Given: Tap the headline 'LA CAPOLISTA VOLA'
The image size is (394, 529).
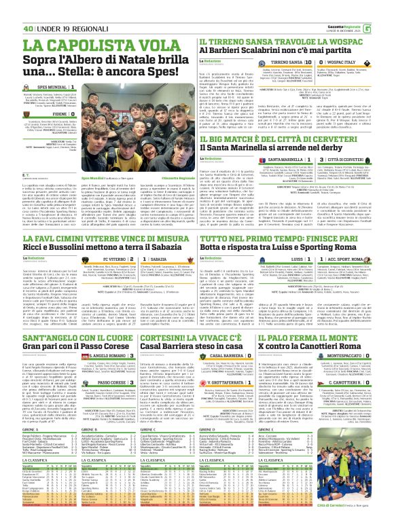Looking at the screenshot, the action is pos(89,45).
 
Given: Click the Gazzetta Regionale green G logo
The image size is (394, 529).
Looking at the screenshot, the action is pos(387,9).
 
